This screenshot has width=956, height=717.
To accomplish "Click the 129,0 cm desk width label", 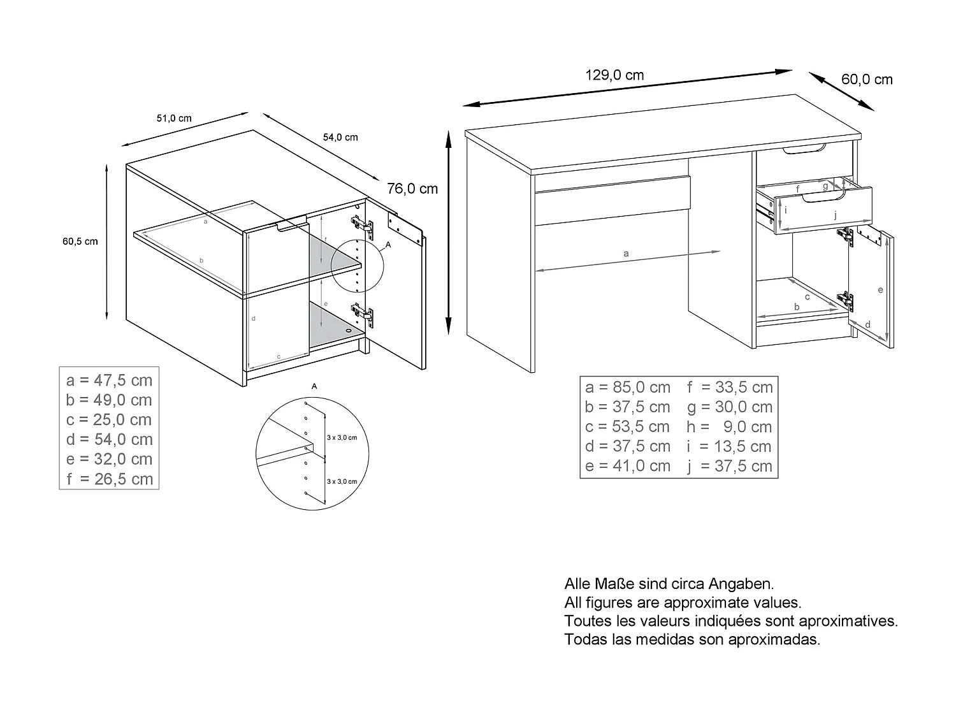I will [614, 75].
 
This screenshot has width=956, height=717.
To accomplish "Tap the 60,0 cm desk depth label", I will [867, 80].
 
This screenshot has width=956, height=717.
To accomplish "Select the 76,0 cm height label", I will [412, 189].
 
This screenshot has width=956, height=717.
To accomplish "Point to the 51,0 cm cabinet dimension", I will [174, 119].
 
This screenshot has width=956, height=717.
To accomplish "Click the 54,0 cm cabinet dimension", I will [340, 137].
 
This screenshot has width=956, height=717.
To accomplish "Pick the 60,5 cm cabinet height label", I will [80, 242].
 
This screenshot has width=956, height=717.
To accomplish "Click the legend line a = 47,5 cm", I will [109, 380].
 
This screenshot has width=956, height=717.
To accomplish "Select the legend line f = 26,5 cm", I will [109, 479].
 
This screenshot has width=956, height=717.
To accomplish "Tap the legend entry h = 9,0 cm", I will [729, 427].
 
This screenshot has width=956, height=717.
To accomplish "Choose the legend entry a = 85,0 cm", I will [627, 387].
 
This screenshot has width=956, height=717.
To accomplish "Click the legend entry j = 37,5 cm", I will [729, 467].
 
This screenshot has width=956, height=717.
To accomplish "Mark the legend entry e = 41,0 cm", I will [627, 467].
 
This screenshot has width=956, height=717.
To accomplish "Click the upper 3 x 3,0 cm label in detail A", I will [342, 438].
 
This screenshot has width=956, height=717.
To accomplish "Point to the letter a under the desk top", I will [626, 254].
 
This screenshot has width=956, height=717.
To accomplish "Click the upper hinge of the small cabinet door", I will [361, 224].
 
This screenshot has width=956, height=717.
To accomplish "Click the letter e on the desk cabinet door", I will [880, 290].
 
